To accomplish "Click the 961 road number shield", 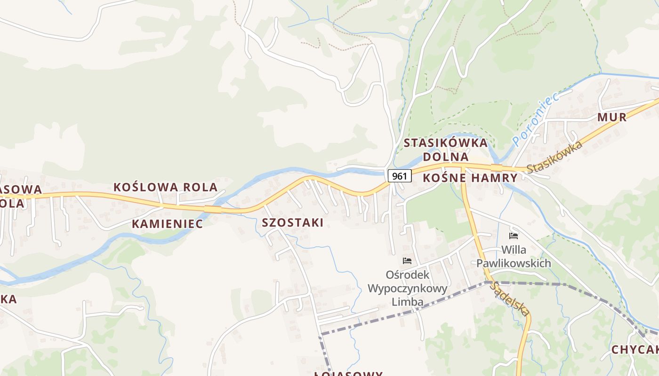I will [x=400, y=176].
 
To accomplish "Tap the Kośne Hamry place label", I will [x=470, y=178].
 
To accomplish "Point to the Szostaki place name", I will [x=292, y=223].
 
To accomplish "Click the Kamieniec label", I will [x=167, y=224].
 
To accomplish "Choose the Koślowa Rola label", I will [x=165, y=187].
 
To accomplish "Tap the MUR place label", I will [x=612, y=117].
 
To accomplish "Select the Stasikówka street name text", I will [x=555, y=157].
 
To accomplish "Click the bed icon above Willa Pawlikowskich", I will [x=514, y=235].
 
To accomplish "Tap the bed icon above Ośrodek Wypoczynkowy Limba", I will [x=407, y=261].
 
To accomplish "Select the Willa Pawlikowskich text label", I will [x=514, y=257].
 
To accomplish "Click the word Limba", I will [x=408, y=302].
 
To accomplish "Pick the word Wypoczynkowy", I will [x=408, y=288].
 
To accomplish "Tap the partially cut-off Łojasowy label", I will [x=348, y=374].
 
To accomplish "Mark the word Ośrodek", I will [x=408, y=274].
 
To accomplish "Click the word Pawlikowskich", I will [x=514, y=263].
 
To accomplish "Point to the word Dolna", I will [x=445, y=157].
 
